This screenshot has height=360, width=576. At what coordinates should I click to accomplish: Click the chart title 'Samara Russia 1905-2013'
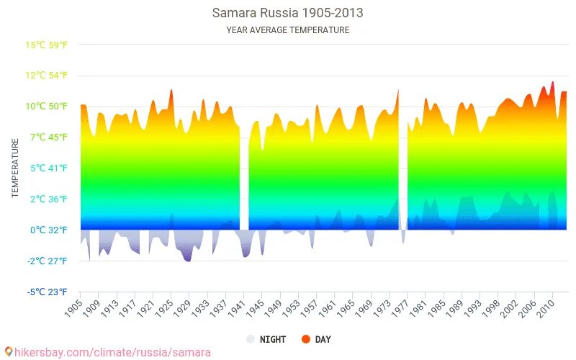pyautogui.click(x=287, y=13)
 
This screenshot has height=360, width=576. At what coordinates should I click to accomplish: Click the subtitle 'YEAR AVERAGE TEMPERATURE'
pyautogui.click(x=287, y=30)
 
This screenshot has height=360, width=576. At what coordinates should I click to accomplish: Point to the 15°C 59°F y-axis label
pyautogui.click(x=47, y=45)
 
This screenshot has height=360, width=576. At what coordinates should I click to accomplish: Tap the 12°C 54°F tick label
pyautogui.click(x=47, y=76)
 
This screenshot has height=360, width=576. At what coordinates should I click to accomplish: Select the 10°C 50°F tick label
pyautogui.click(x=47, y=107)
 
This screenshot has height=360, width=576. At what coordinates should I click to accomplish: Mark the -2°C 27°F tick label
pyautogui.click(x=48, y=261)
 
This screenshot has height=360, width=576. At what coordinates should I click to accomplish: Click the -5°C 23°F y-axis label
pyautogui.click(x=48, y=292)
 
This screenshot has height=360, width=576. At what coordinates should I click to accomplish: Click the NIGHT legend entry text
pyautogui.click(x=273, y=339)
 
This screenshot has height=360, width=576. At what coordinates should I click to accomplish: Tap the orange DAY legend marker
pyautogui.click(x=305, y=339)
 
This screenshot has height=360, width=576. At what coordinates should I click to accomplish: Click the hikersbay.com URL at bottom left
pyautogui.click(x=108, y=352)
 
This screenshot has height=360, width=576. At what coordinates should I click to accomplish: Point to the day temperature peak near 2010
pyautogui.click(x=553, y=82)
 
